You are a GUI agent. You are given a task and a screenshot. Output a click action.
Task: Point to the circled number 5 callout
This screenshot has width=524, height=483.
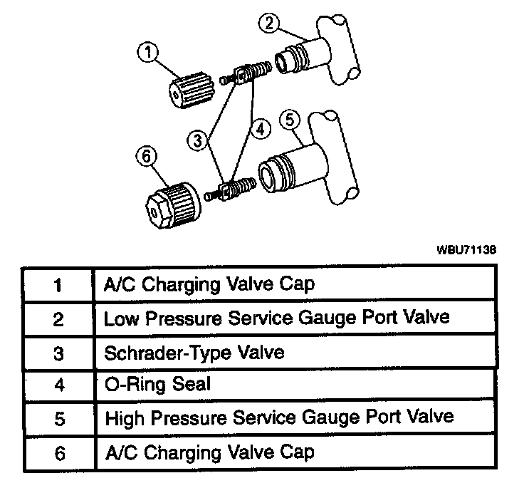click(x=288, y=118)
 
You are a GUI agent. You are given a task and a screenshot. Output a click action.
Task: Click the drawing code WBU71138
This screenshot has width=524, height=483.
click(x=467, y=250)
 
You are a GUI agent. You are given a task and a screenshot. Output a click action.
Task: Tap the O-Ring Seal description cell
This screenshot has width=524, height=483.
click(x=157, y=385)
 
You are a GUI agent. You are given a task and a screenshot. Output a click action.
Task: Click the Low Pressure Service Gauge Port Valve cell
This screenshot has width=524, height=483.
click(x=276, y=318)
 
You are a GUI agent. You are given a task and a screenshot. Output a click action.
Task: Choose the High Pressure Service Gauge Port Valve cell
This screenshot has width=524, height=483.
click(x=279, y=418)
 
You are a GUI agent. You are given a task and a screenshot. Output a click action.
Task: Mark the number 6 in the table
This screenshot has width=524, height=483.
click(x=58, y=452)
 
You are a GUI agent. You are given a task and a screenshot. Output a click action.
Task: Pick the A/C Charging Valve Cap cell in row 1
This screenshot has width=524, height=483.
click(x=209, y=284)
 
